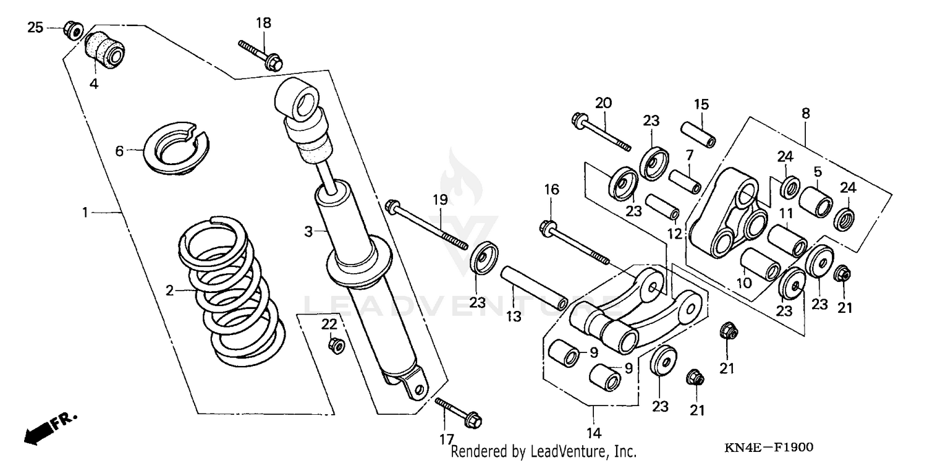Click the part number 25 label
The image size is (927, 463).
[x=35, y=27]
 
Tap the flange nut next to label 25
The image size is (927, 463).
[x=74, y=28]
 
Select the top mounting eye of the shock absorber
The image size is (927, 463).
[x=298, y=99]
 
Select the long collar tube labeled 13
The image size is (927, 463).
[x=535, y=287]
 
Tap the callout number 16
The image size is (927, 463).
[x=551, y=190]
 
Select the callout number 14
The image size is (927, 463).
[x=594, y=432]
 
